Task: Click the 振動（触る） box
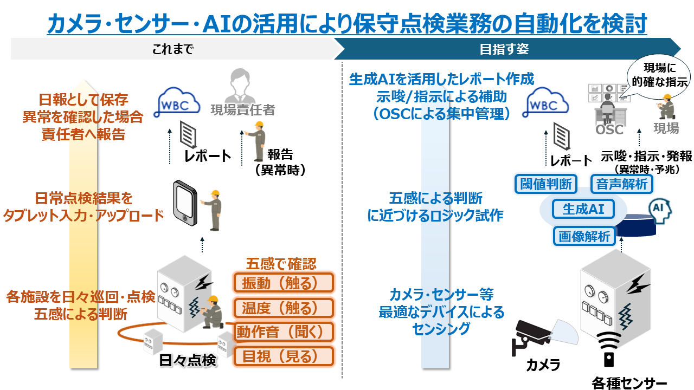(x=282, y=283)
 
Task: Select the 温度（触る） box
(x=282, y=308)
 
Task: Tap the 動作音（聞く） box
(x=282, y=331)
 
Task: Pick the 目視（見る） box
(x=282, y=356)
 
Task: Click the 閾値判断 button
(x=546, y=184)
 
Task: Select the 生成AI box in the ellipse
(x=583, y=209)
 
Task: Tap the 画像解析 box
(x=584, y=236)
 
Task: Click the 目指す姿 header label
(x=504, y=49)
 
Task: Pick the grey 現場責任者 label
(x=242, y=110)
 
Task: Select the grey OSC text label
(x=609, y=130)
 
